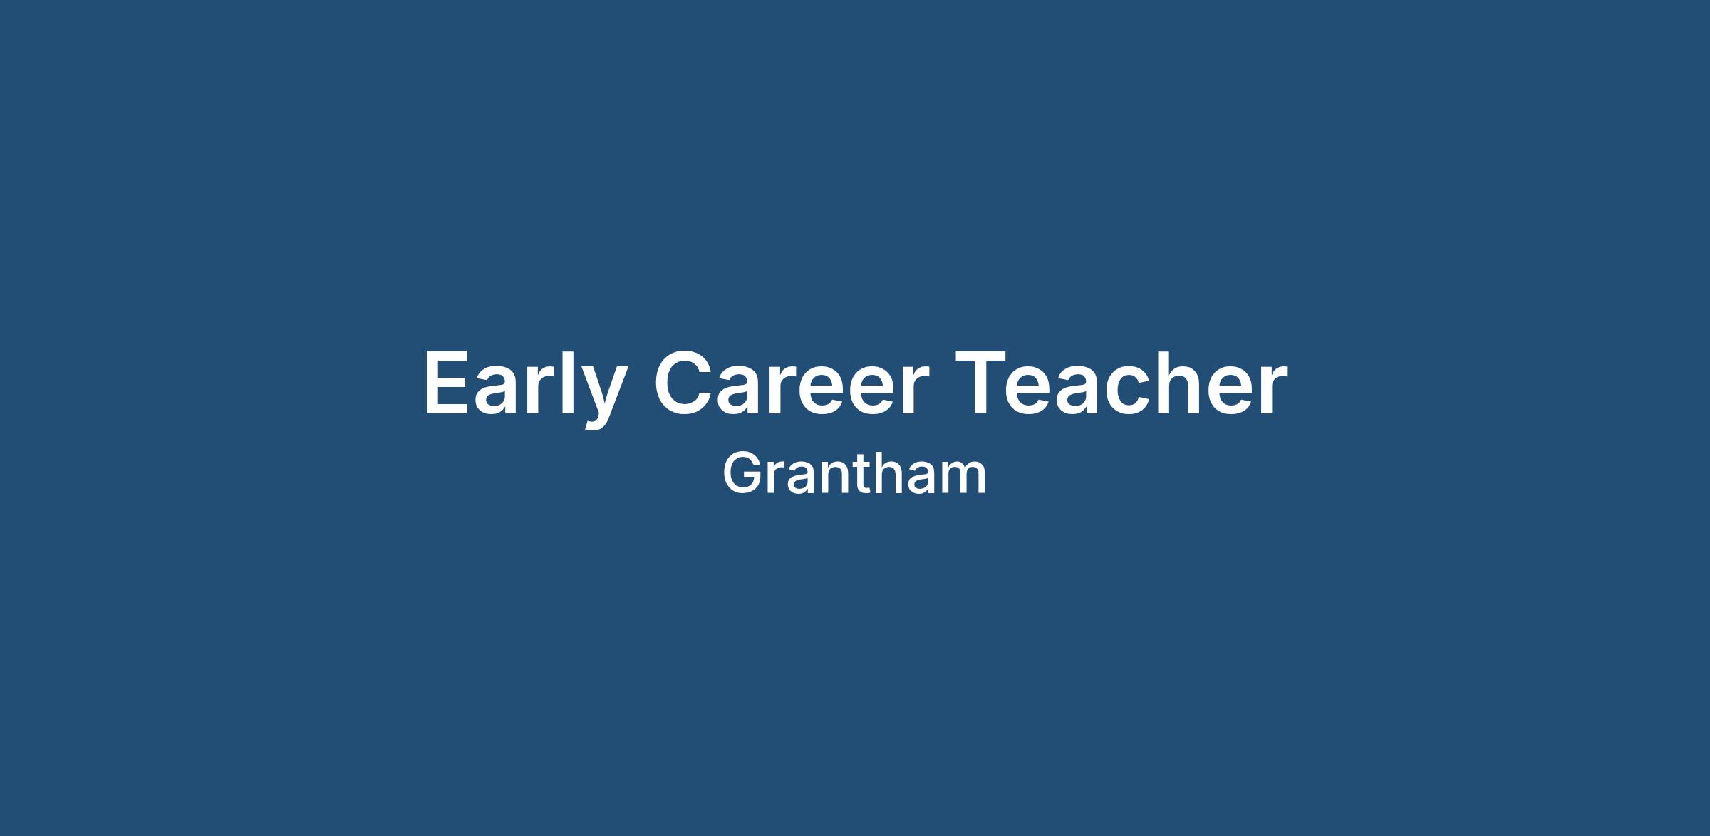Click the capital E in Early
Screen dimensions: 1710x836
pyautogui.click(x=447, y=383)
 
